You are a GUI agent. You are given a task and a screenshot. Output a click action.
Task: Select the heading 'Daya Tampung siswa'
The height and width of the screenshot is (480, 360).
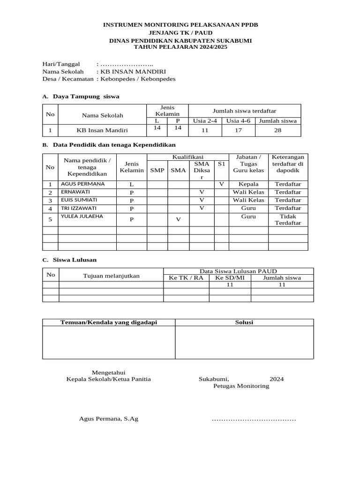click(86, 96)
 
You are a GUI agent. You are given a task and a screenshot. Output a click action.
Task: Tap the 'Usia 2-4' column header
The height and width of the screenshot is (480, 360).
click(205, 120)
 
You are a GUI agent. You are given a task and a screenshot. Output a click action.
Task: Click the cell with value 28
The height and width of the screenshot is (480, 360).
click(278, 130)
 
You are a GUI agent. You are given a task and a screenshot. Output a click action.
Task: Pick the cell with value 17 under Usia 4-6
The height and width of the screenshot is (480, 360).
click(239, 130)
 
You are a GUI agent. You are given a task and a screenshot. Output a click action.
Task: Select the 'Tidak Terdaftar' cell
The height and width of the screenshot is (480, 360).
click(288, 219)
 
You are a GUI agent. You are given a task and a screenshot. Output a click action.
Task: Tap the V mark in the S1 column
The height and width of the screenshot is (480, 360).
click(221, 184)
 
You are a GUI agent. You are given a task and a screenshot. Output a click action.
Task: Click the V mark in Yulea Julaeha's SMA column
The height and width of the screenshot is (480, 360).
click(178, 219)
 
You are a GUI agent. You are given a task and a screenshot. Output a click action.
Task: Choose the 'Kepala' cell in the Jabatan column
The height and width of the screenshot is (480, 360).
click(248, 184)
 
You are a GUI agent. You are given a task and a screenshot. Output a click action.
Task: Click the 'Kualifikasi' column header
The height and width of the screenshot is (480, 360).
click(187, 157)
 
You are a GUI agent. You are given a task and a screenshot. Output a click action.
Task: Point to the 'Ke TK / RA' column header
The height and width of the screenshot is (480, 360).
click(186, 277)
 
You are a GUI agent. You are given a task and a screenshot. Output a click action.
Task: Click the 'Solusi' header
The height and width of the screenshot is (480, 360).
click(244, 322)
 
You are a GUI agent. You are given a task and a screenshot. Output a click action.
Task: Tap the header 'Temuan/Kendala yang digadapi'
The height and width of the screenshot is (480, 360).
click(109, 322)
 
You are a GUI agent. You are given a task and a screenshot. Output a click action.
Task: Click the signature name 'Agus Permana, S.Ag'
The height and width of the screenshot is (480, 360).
click(109, 419)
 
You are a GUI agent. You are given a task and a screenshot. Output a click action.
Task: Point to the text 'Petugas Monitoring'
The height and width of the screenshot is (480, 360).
click(241, 386)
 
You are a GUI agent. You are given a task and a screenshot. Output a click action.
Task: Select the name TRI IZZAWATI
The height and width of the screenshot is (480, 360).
click(79, 208)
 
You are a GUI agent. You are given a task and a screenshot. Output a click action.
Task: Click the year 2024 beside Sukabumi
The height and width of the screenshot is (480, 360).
click(277, 379)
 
